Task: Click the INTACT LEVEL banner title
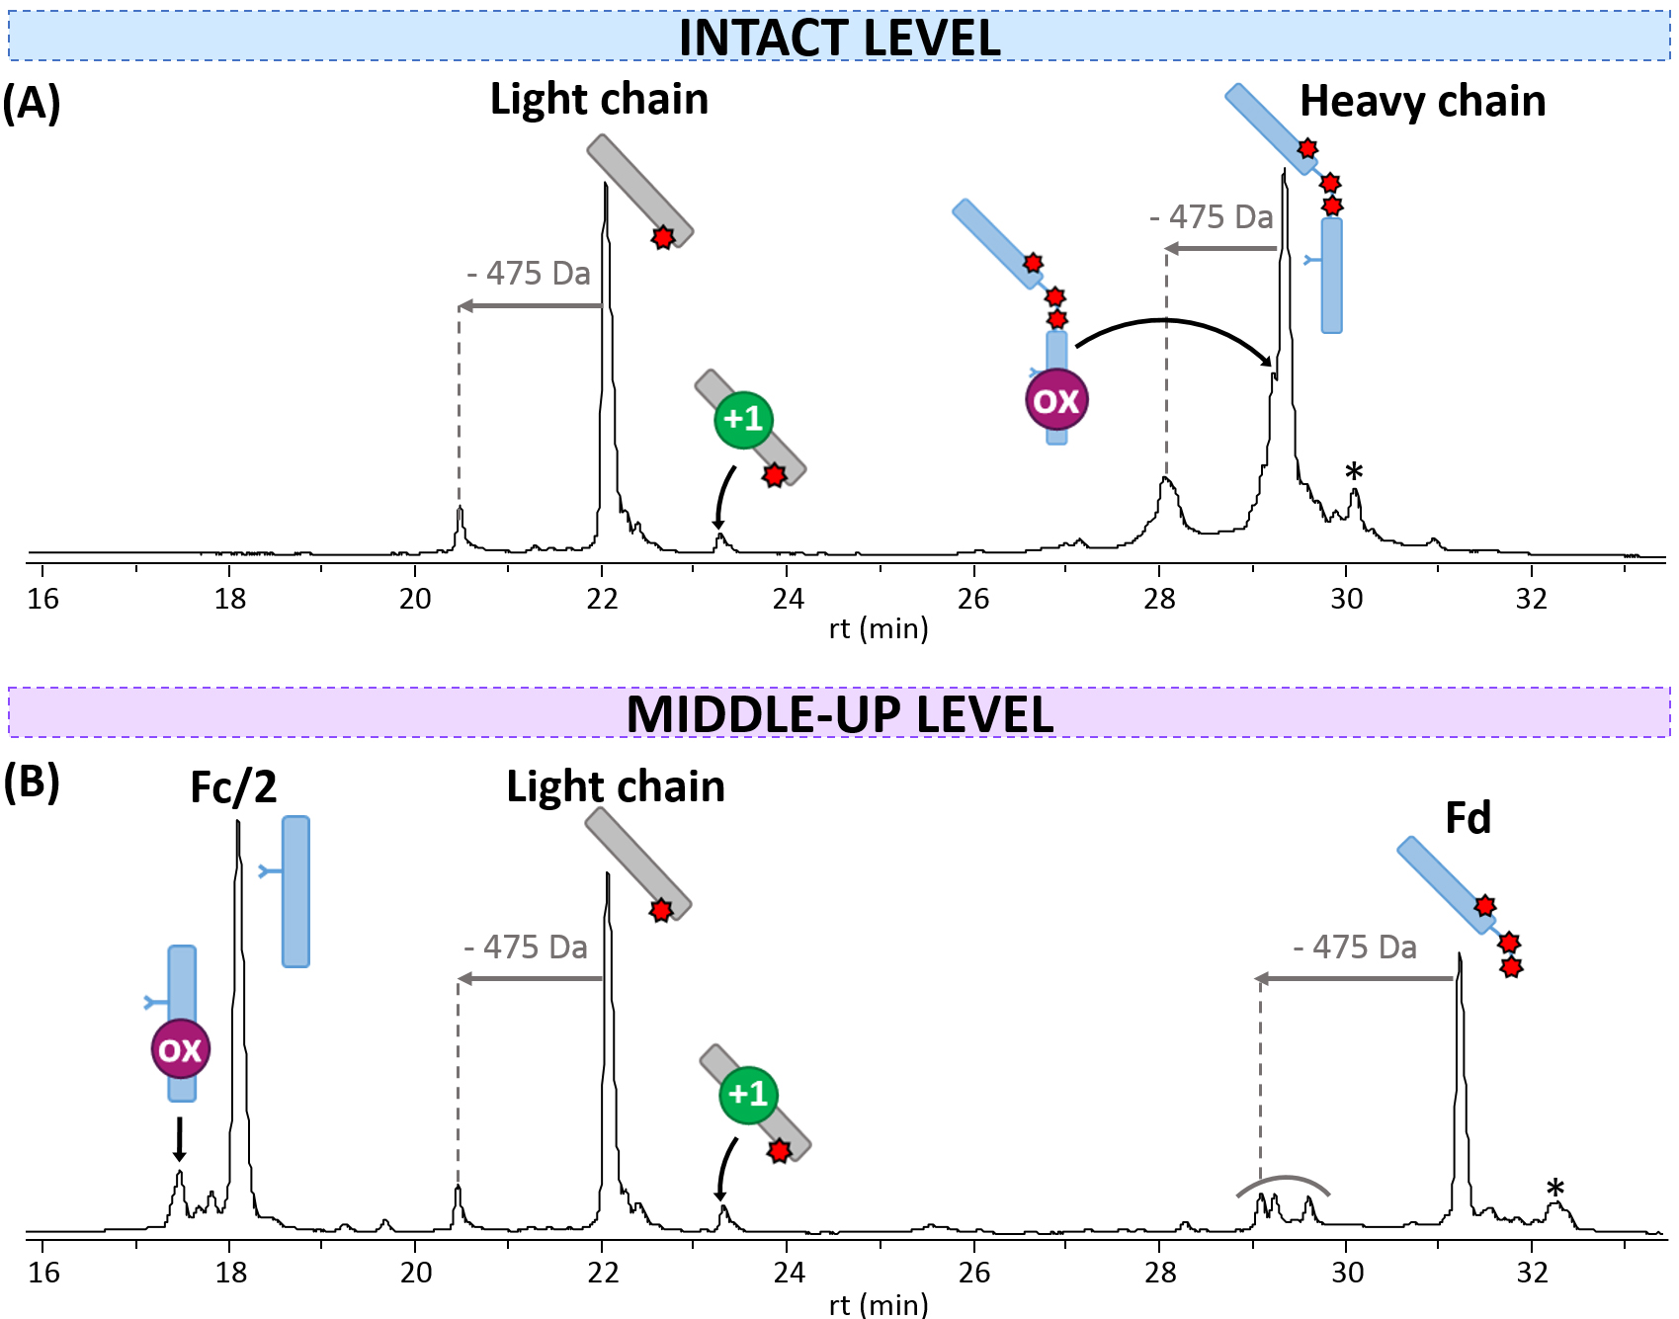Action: point(839,38)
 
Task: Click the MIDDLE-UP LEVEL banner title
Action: point(839,713)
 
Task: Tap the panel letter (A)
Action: point(32,102)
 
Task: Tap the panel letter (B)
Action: point(32,781)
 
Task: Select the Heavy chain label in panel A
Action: point(1422,101)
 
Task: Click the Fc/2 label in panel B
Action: point(233,787)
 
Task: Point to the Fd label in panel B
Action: point(1468,818)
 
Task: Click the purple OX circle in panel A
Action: point(1056,400)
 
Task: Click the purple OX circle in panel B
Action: point(180,1049)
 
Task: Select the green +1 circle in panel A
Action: point(743,419)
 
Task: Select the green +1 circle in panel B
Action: point(748,1095)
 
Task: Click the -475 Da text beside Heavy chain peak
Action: point(1212,216)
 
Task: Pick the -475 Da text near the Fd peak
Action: point(1355,948)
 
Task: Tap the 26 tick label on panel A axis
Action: point(973,599)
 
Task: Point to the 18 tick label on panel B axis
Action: point(230,1273)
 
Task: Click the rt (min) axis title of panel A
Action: point(879,628)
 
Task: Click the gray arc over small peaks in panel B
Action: point(1283,1180)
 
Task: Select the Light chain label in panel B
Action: point(616,786)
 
